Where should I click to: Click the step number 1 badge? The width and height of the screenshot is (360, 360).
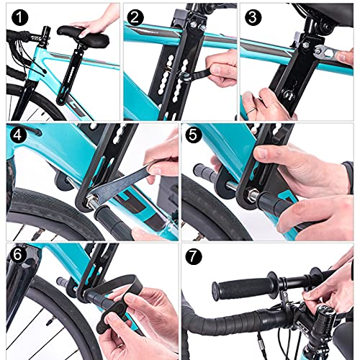19,17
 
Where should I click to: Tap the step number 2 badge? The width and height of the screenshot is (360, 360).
135,17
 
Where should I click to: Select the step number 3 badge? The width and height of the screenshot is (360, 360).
253,17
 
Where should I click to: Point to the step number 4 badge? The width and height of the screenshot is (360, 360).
18,135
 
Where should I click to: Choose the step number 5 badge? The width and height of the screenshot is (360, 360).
194,135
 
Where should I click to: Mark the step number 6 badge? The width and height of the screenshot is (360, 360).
18,255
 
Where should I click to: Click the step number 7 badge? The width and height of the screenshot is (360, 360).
194,256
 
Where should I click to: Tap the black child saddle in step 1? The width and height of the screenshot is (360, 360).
83,37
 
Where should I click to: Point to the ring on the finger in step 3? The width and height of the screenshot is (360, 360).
251,110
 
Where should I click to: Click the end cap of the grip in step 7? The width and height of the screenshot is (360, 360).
216,291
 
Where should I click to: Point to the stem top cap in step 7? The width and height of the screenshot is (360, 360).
327,311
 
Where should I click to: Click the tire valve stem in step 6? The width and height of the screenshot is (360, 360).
50,322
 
